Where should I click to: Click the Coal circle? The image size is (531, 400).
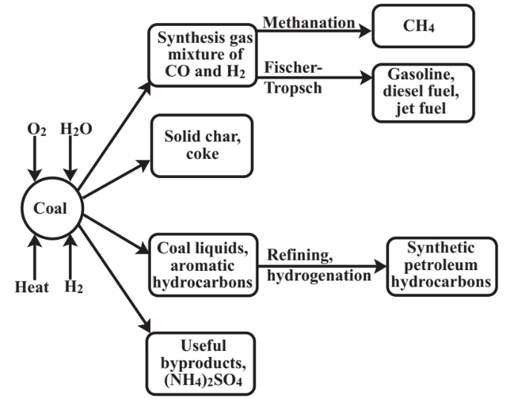tap(50, 208)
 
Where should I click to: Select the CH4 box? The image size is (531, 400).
tap(423, 27)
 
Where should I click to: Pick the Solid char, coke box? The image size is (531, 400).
tap(200, 146)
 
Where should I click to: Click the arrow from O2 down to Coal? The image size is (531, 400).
tap(35, 159)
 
